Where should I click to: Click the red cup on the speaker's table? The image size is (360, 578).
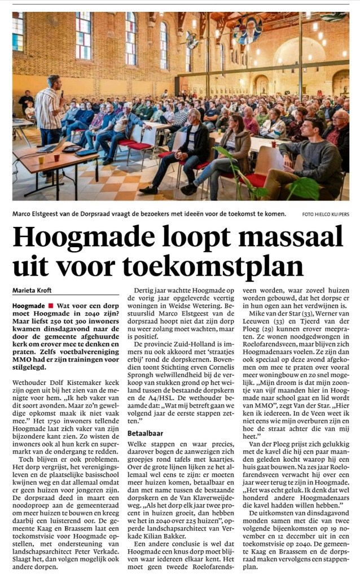click(x=56, y=157)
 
